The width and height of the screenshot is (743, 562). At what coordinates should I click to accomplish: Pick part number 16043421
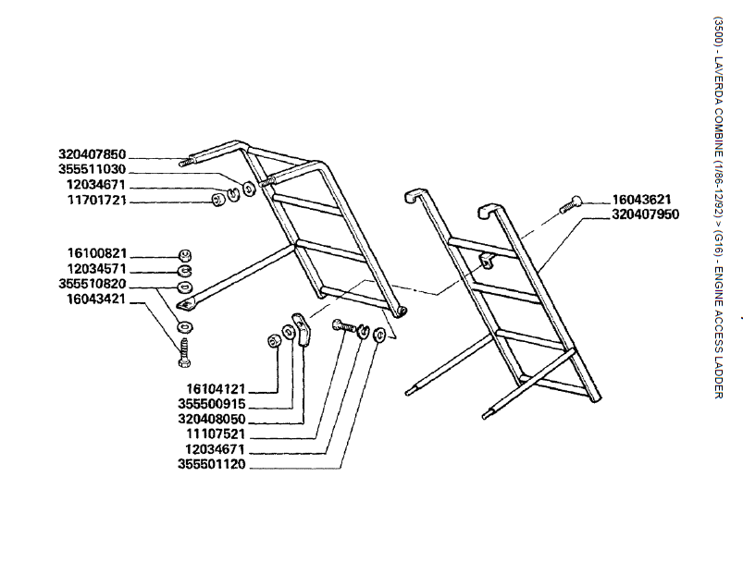tap(97, 299)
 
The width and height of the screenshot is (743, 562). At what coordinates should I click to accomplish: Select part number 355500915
tap(212, 404)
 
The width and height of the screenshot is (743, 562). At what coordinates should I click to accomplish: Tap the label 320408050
tap(212, 419)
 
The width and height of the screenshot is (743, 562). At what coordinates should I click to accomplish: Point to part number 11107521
tap(216, 434)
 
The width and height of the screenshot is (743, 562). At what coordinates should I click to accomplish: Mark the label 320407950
tap(646, 214)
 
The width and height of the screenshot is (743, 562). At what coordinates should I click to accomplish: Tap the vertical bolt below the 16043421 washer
tap(184, 350)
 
